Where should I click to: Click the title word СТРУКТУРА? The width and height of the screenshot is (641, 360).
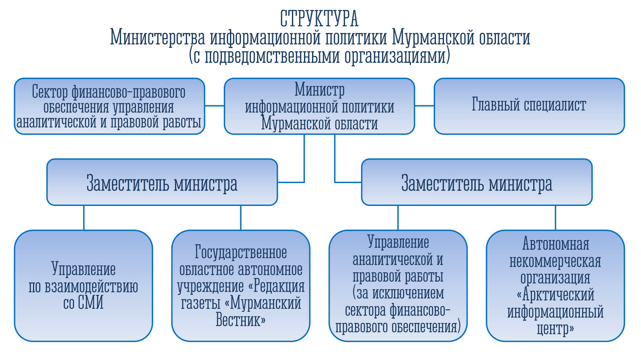click(x=319, y=19)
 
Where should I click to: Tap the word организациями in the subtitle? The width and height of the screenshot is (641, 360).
click(x=397, y=56)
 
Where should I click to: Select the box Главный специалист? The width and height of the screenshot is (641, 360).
click(x=529, y=106)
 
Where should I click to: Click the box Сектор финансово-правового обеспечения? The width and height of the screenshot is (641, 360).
click(x=110, y=106)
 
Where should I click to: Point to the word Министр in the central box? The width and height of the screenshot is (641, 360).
click(x=320, y=90)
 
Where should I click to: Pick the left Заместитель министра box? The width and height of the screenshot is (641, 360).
click(x=162, y=182)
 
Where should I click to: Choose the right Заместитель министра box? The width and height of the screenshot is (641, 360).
click(x=477, y=182)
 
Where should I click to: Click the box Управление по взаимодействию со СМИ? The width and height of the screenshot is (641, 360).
click(x=84, y=286)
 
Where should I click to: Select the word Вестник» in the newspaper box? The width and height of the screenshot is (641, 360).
click(x=240, y=320)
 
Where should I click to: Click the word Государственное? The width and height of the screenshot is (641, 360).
click(x=240, y=252)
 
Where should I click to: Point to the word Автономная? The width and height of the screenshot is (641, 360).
click(x=556, y=244)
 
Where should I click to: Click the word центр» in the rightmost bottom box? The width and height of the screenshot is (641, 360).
click(x=555, y=329)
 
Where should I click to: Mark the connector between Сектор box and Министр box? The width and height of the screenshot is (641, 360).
click(x=215, y=106)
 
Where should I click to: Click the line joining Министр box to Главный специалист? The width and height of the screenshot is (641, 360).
click(x=424, y=106)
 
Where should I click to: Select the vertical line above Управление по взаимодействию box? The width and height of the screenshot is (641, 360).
click(x=84, y=218)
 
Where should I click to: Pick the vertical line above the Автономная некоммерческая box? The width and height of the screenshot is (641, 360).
click(x=555, y=218)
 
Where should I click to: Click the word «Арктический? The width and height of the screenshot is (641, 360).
click(x=555, y=295)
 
